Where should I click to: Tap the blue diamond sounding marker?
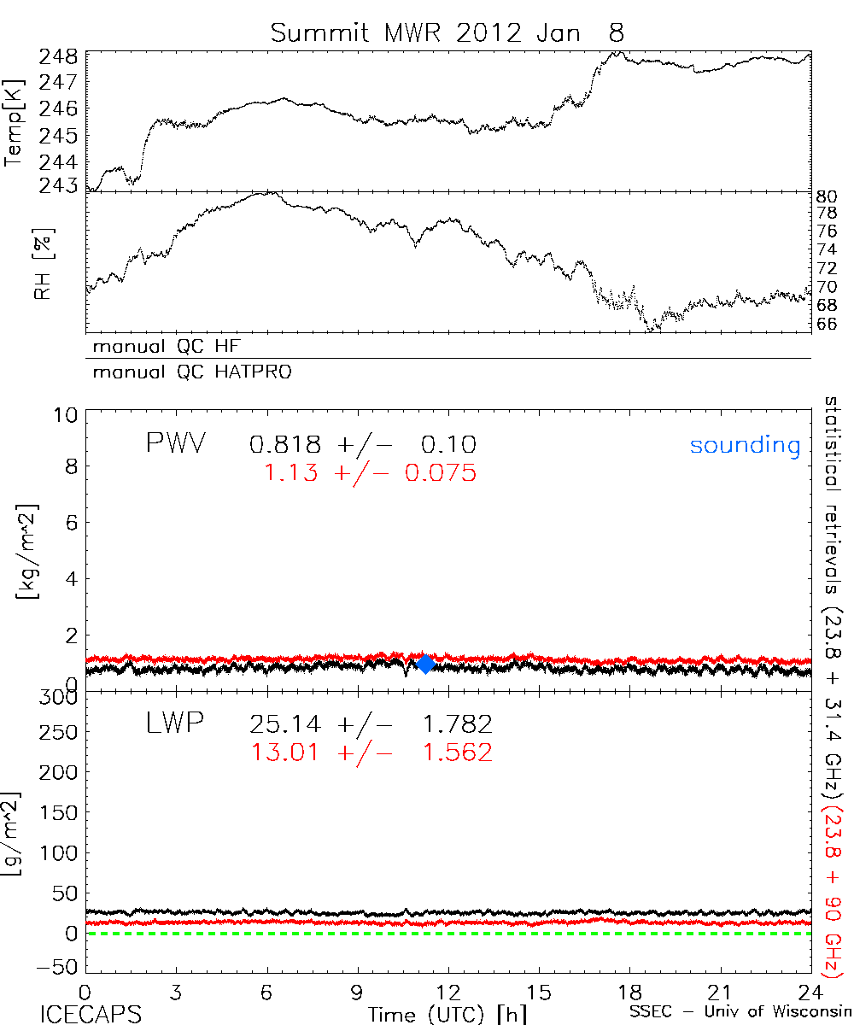[424, 664]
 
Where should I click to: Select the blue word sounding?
[746, 446]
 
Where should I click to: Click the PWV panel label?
[178, 445]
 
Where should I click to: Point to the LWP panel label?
[175, 724]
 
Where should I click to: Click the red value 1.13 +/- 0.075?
[371, 472]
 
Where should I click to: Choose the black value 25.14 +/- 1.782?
[371, 725]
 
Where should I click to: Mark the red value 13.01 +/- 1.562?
[371, 753]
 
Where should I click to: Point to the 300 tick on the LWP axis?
[60, 697]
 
